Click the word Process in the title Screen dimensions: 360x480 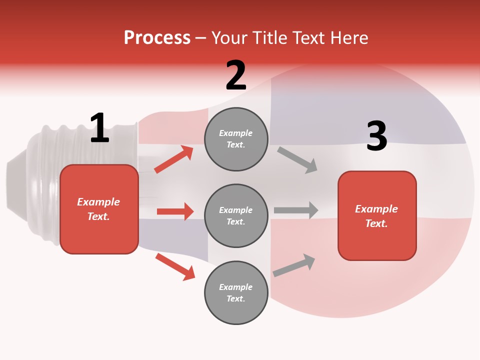(157, 38)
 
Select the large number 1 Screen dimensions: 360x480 (99, 128)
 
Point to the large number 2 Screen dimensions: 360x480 (236, 75)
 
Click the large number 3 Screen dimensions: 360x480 (376, 136)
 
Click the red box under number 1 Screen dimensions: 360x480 (99, 209)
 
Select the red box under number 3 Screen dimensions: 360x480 (377, 215)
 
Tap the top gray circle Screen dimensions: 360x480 (236, 139)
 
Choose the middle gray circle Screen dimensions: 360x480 (236, 215)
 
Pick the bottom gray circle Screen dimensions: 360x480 (236, 292)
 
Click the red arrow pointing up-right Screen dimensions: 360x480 (174, 159)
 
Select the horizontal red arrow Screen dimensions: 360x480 (175, 211)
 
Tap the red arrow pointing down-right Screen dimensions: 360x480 (175, 266)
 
